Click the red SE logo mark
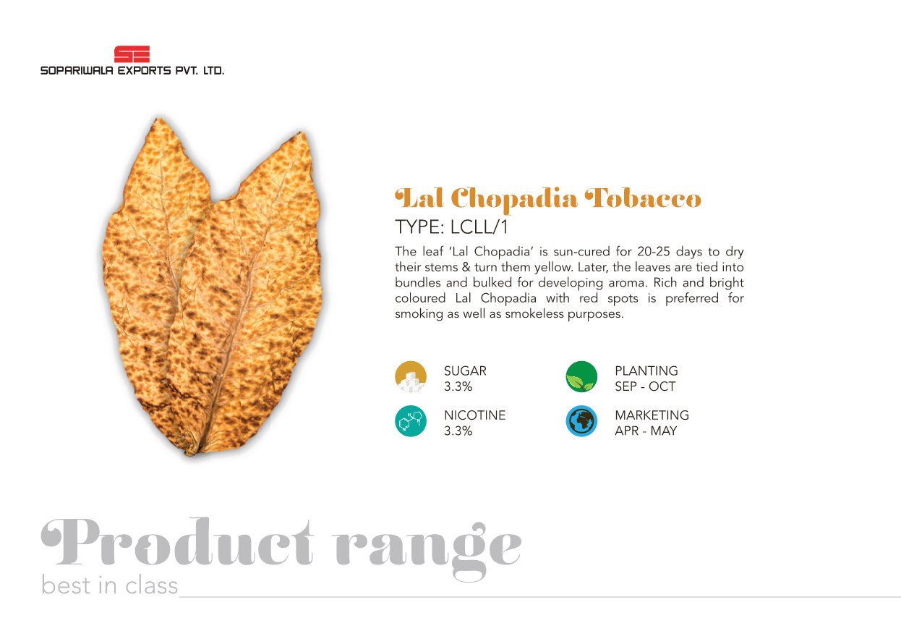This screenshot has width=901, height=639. (x=132, y=54)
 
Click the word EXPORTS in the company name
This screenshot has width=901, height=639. (x=144, y=71)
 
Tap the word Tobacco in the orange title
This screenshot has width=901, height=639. (x=643, y=198)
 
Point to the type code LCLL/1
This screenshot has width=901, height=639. (x=479, y=227)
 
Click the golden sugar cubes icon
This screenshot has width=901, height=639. (x=411, y=376)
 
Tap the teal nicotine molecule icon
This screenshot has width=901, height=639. (x=411, y=420)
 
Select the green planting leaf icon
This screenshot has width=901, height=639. (x=581, y=376)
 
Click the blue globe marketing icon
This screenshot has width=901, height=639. (x=581, y=420)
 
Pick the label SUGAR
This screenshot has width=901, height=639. (x=465, y=371)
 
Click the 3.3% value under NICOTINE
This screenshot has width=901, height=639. (x=458, y=431)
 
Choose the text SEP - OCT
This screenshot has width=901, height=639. (x=645, y=386)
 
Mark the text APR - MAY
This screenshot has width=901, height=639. (x=646, y=431)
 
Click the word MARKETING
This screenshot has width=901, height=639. (x=652, y=415)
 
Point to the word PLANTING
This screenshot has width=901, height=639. (x=646, y=371)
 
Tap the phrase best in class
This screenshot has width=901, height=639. (x=109, y=585)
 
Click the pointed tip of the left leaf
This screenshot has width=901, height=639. (x=160, y=117)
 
